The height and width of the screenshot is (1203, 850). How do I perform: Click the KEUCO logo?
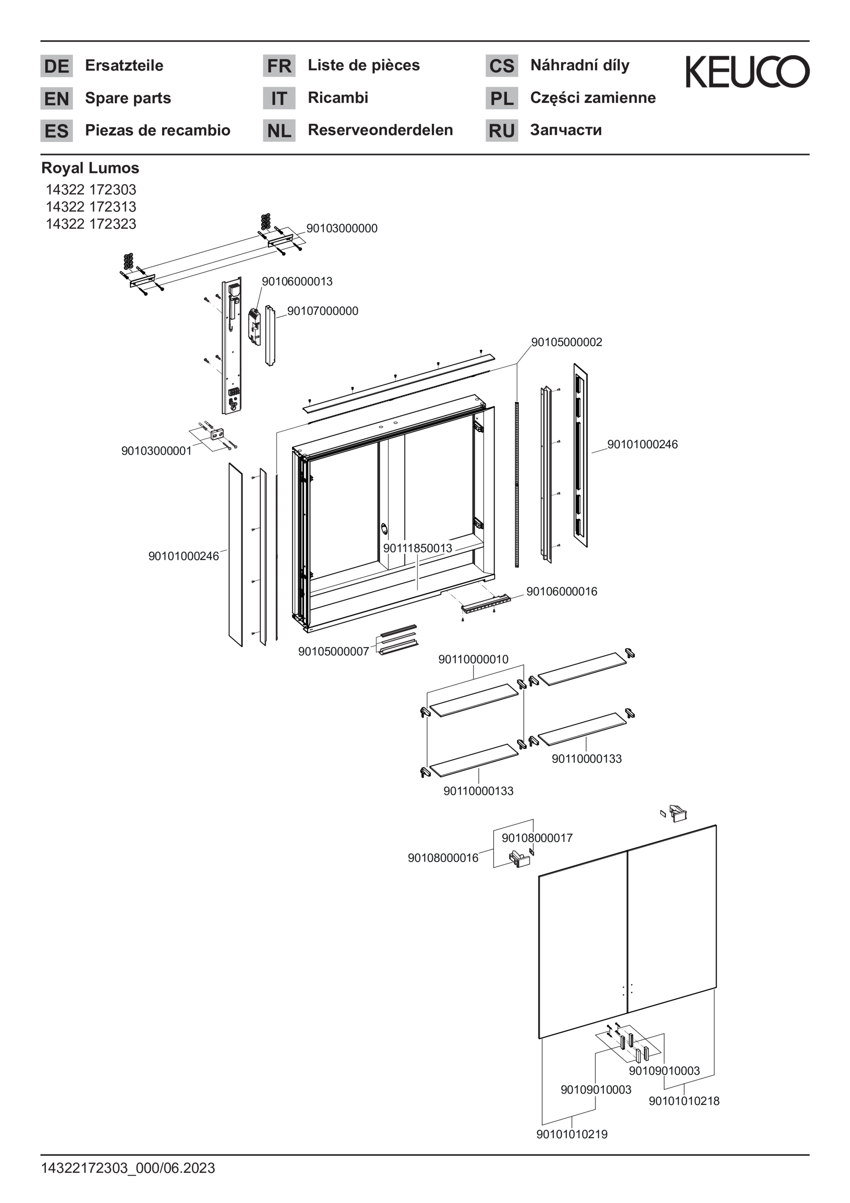pos(747,72)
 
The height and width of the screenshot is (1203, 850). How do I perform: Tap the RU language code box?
pos(502,130)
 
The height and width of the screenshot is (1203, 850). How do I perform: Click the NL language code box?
pos(279,130)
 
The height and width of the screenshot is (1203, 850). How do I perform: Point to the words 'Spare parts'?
pos(128,98)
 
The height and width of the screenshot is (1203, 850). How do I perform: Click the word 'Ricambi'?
pos(338,98)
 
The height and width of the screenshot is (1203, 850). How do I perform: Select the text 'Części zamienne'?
pos(592,98)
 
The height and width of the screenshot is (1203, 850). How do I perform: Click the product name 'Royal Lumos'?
pos(90,168)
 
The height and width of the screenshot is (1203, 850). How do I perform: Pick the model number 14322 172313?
pos(91,207)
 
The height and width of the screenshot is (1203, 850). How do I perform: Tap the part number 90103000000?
pos(342,228)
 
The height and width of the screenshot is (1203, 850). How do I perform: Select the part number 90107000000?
pos(323,311)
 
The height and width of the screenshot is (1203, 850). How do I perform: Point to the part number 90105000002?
pos(567,342)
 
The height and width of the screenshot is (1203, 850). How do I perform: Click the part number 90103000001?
pos(156,451)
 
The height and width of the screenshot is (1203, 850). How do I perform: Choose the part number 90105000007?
pos(333,651)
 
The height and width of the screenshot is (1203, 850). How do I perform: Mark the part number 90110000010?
pos(473,659)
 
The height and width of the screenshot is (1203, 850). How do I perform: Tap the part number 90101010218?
pos(684,1101)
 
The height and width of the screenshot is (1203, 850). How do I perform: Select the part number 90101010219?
pos(572,1134)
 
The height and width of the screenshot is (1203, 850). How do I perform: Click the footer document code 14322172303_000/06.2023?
pos(128,1168)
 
